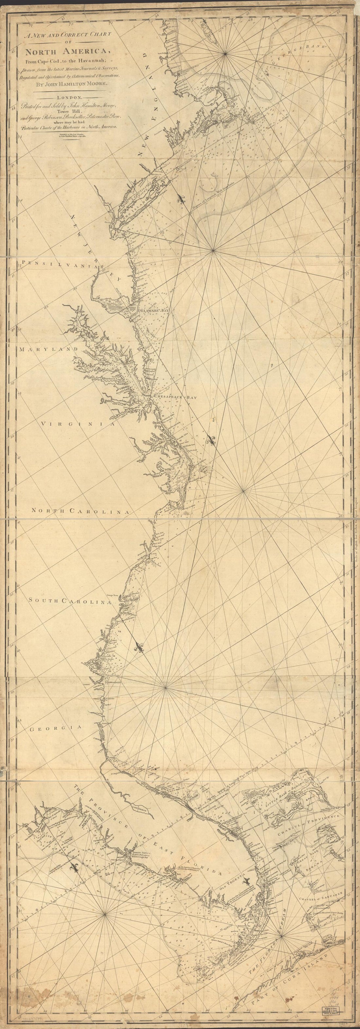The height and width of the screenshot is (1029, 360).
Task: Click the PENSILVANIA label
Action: pos(60,264)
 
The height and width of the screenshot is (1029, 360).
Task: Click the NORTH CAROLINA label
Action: pos(81,511)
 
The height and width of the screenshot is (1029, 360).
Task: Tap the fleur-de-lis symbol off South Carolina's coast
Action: pos(139,648)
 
